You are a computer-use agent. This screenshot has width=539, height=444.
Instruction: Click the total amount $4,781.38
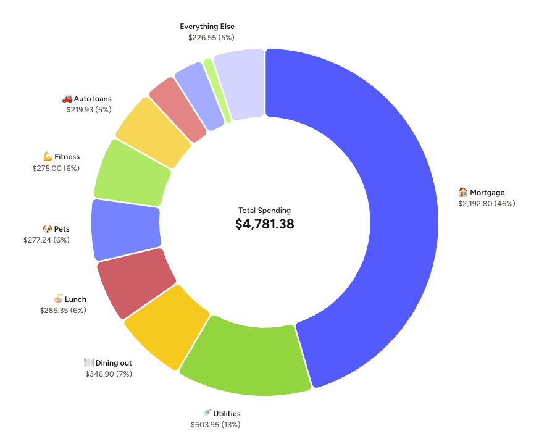coord(264,224)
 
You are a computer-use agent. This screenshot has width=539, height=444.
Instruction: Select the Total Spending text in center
coord(264,211)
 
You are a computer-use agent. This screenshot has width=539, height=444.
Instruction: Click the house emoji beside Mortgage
coord(462,192)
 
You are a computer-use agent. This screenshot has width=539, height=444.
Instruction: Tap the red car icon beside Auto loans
coord(67,99)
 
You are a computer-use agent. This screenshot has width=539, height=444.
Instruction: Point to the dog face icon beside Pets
coord(48,229)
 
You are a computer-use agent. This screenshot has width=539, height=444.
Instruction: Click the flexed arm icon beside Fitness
coord(48,157)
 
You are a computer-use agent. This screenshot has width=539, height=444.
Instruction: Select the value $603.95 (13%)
coord(215,424)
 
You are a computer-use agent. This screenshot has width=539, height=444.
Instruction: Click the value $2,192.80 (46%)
coord(486,203)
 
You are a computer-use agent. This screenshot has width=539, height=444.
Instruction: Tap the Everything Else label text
coord(207,27)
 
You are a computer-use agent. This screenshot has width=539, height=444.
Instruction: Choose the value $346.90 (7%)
coord(109,374)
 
